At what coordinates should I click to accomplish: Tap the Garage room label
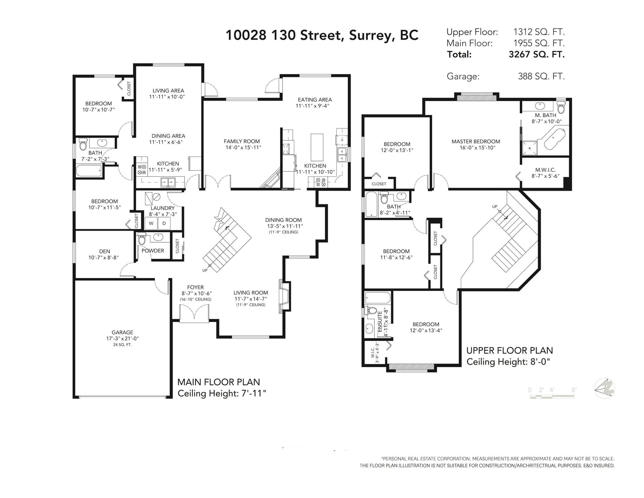point(122,332)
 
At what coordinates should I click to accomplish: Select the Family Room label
point(242,141)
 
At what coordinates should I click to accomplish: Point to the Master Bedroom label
point(476,141)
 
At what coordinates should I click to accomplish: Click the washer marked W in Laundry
point(151,223)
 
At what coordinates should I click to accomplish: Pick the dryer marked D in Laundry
point(164,223)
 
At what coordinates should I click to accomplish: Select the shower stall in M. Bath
point(529,148)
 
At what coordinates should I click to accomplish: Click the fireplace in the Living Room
point(283,296)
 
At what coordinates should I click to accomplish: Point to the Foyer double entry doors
point(194,314)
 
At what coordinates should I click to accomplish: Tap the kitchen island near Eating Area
point(317,147)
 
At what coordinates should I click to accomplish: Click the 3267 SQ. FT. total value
point(537,54)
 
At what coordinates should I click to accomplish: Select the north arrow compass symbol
point(604,388)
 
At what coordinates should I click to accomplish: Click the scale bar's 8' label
point(574,390)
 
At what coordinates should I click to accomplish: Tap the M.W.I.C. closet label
point(545,169)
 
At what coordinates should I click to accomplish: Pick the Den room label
point(105,251)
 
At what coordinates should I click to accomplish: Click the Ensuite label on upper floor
point(380,321)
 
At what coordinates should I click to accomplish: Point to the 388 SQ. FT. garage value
point(541,76)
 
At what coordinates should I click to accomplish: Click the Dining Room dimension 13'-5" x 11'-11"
point(284,226)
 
